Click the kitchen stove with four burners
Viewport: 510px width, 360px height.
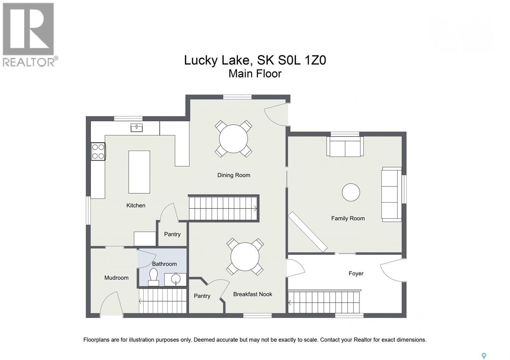98,151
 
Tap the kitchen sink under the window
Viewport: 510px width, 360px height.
137,128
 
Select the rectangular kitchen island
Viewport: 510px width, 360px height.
139,172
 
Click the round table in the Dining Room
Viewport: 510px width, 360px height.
233,139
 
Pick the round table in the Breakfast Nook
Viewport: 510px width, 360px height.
245,257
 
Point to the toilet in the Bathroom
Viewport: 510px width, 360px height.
153,277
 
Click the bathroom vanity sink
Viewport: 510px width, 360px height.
175,279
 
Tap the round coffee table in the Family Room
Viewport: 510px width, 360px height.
351,192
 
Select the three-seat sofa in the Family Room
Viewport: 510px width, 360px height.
392,194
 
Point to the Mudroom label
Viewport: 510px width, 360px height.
116,277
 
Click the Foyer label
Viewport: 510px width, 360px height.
356,273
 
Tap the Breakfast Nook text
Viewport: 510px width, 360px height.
253,294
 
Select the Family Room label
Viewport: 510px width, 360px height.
348,218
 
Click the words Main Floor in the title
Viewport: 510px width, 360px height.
255,74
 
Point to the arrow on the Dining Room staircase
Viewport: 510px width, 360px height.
255,208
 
